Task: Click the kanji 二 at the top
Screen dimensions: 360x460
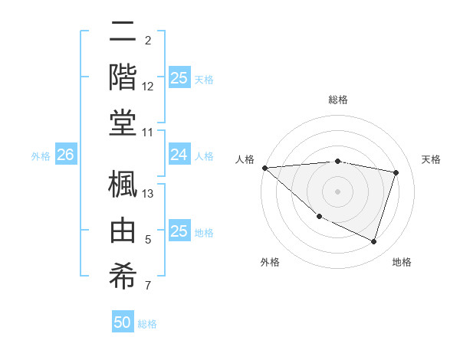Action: pyautogui.click(x=123, y=32)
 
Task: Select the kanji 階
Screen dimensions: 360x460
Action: pyautogui.click(x=123, y=77)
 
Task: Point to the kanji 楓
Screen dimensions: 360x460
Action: pyautogui.click(x=123, y=184)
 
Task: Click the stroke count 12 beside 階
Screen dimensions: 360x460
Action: pyautogui.click(x=148, y=87)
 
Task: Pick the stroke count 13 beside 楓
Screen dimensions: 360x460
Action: pyautogui.click(x=148, y=194)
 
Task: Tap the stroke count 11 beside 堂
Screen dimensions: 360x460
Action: pyautogui.click(x=148, y=133)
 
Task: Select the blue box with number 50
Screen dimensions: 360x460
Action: pyautogui.click(x=123, y=322)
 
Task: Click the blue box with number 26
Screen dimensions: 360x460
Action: pyautogui.click(x=65, y=155)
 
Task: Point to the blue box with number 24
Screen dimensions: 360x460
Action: pyautogui.click(x=179, y=155)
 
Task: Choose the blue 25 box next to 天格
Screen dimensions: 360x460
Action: pyautogui.click(x=179, y=78)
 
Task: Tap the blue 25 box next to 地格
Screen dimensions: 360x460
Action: pyautogui.click(x=179, y=231)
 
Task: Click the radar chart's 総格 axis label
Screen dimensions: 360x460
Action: pyautogui.click(x=337, y=100)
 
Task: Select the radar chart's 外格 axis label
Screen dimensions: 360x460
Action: pyautogui.click(x=270, y=262)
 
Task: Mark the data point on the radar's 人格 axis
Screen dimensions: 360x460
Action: pyautogui.click(x=265, y=167)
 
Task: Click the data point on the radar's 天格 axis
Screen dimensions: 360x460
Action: pyautogui.click(x=396, y=172)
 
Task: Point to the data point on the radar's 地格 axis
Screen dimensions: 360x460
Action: pyautogui.click(x=373, y=241)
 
